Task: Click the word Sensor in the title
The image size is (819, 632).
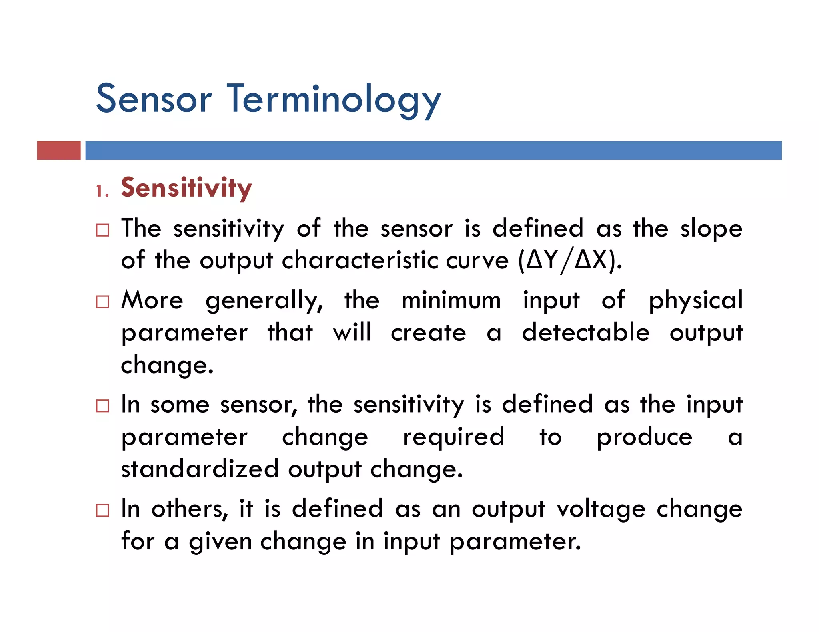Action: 154,99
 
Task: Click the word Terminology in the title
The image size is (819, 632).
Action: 334,100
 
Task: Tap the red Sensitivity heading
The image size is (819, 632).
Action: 186,187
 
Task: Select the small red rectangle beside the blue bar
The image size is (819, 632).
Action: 59,150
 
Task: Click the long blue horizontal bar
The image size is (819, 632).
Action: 433,150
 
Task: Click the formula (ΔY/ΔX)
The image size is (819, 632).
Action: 570,261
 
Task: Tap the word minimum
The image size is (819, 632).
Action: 451,301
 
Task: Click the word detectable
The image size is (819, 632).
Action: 586,333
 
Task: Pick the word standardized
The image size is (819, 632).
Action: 200,469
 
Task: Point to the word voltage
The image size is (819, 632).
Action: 601,510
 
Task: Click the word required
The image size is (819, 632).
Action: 453,437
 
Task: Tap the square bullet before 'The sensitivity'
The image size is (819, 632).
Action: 102,230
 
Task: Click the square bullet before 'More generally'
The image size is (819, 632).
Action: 102,302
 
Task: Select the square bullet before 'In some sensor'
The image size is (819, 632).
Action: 102,406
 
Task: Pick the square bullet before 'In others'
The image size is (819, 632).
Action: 102,510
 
